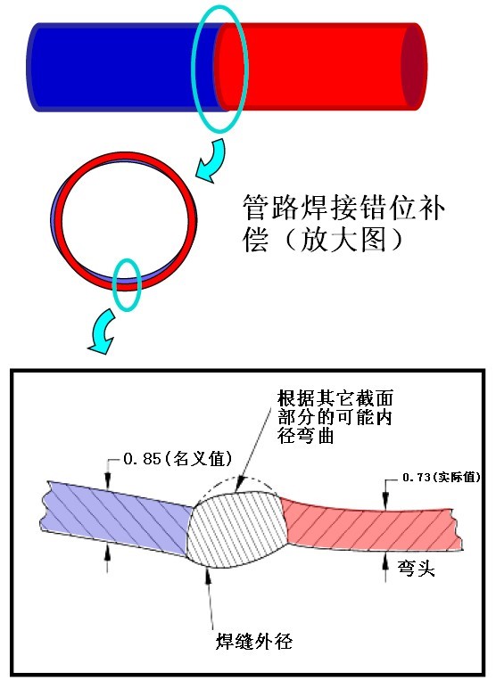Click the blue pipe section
pyautogui.click(x=121, y=67)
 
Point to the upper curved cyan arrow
pyautogui.click(x=212, y=160)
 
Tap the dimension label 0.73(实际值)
pyautogui.click(x=442, y=477)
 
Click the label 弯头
pyautogui.click(x=416, y=568)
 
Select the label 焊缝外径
pyautogui.click(x=254, y=641)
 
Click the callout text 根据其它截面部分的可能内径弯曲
pyautogui.click(x=335, y=417)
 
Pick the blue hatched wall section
pyautogui.click(x=117, y=518)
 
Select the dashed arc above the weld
pyautogui.click(x=238, y=479)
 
